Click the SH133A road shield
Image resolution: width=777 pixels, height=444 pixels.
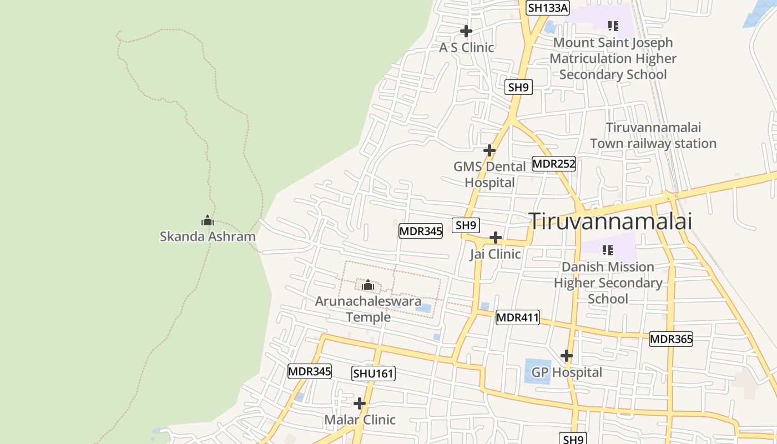[x=548, y=8]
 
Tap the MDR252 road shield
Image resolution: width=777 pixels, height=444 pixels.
[x=554, y=164]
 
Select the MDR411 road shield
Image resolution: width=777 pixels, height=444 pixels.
[x=517, y=317]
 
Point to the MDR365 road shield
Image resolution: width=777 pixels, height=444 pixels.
[x=671, y=339]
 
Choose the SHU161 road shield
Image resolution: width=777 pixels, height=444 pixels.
[x=374, y=374]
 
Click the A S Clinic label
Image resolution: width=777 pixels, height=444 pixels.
[x=466, y=48]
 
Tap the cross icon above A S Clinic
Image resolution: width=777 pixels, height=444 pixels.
[x=466, y=31]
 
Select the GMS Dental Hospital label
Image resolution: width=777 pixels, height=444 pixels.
[x=490, y=174]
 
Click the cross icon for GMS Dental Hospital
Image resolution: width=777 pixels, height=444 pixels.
[x=489, y=150]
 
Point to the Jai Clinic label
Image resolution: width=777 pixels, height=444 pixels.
[x=495, y=254]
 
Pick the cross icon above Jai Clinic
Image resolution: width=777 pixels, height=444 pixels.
[x=495, y=238]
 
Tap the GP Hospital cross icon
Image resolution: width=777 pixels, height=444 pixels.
[x=566, y=356]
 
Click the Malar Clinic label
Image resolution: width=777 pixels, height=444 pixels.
[x=360, y=420]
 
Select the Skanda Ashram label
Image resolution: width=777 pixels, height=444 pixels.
[x=208, y=236]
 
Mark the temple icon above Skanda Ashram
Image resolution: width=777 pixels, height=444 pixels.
[x=208, y=221]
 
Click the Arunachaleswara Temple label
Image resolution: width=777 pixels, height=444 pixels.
[x=368, y=309]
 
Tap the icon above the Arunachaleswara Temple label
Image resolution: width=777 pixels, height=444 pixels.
[x=367, y=286]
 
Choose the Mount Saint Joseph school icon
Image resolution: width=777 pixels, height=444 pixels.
[x=613, y=26]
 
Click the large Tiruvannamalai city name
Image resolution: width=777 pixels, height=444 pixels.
[x=610, y=221]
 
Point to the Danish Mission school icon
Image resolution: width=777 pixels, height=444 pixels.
[x=607, y=250]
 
